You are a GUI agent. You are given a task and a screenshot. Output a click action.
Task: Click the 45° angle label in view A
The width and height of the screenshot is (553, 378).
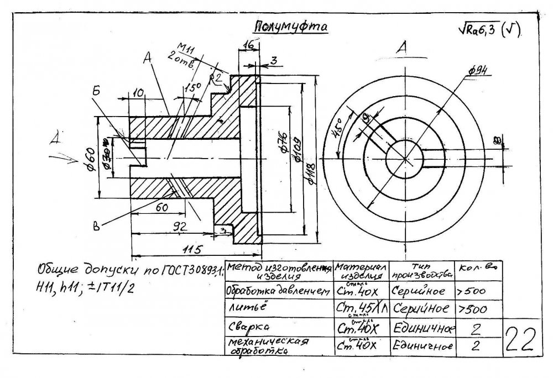(x=336, y=133)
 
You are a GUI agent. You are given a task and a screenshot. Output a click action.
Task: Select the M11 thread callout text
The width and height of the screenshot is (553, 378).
(x=189, y=49)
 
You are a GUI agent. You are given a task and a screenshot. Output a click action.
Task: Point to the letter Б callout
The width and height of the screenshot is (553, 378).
(x=96, y=91)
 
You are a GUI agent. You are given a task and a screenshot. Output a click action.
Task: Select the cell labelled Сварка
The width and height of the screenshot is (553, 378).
(x=245, y=327)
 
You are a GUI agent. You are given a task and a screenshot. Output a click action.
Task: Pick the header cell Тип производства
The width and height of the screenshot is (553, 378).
(x=421, y=270)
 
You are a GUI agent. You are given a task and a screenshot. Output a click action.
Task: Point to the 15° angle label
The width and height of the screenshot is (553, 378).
(x=193, y=86)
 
